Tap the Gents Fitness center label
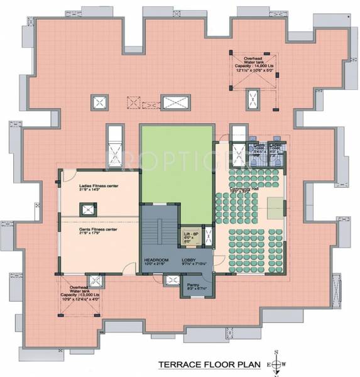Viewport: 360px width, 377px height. coord(98,230)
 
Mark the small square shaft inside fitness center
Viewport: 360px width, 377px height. coord(84,210)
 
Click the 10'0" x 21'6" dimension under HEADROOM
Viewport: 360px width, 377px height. coord(154,265)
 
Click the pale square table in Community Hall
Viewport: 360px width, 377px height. coord(274,204)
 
